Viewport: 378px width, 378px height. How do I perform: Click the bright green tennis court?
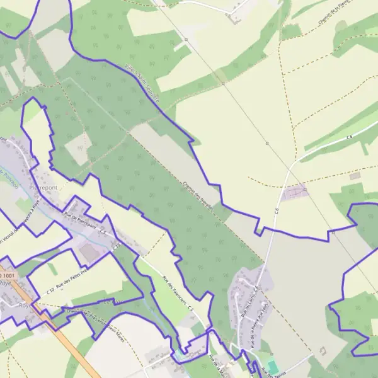[272, 365]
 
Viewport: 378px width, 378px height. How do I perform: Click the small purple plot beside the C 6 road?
[295, 192]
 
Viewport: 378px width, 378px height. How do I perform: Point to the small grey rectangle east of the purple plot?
[355, 176]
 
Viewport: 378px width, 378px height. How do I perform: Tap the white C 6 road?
[315, 151]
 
